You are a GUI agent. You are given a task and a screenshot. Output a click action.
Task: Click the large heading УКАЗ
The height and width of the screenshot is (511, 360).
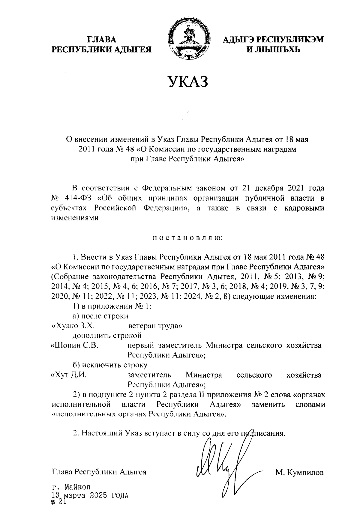coord(187,82)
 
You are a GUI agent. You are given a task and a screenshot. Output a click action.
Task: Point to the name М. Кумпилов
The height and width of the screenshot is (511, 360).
coord(299,473)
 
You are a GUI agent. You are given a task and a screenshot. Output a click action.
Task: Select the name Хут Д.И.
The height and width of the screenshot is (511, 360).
coord(69,375)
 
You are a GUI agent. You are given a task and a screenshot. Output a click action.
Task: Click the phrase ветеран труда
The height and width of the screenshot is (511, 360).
coord(155,326)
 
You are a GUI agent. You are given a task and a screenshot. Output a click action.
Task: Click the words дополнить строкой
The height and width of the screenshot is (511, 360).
coord(106,336)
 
